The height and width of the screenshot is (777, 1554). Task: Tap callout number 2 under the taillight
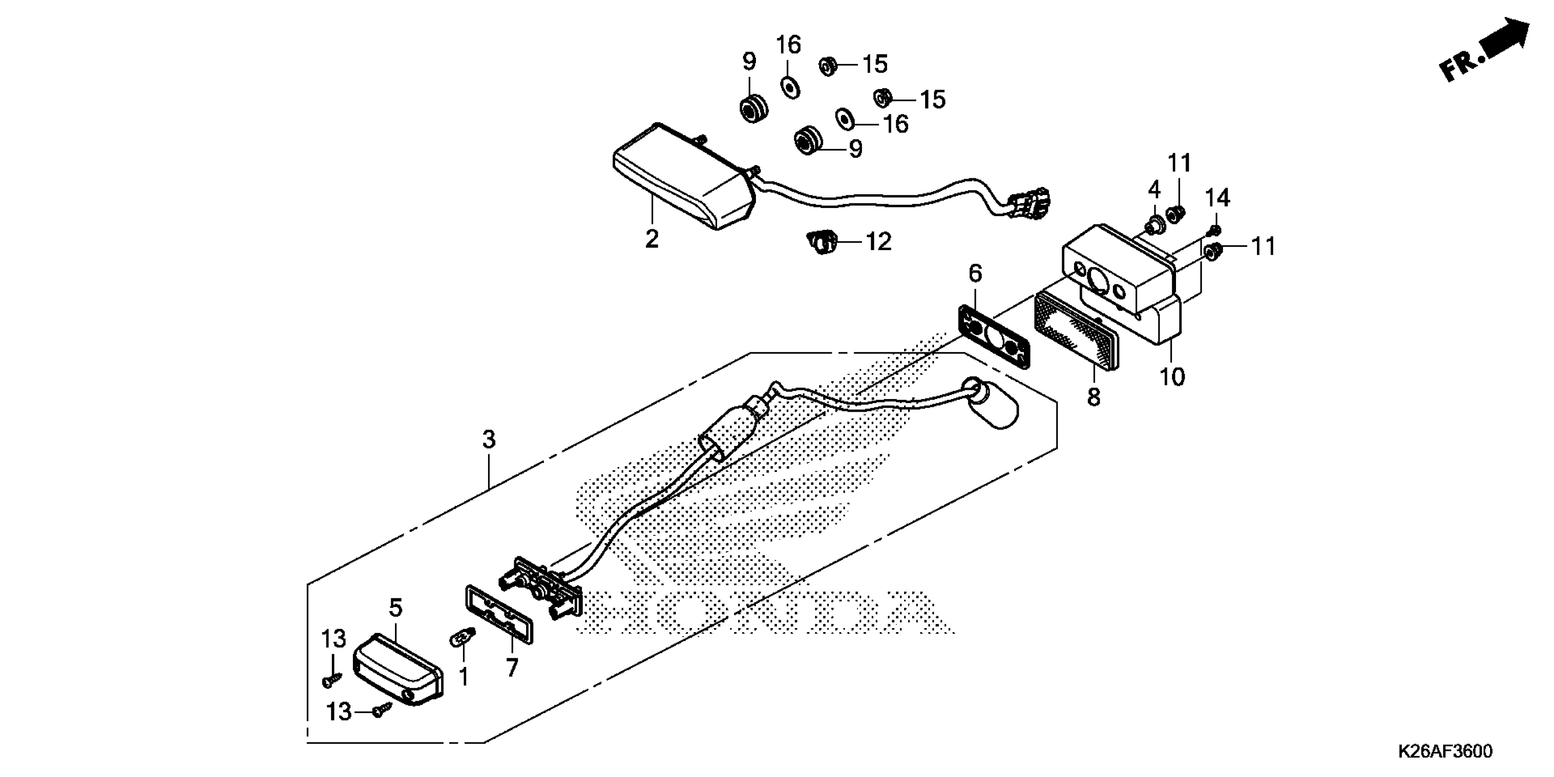[651, 239]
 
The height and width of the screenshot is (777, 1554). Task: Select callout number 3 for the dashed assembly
[489, 439]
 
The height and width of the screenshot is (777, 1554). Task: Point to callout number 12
[878, 242]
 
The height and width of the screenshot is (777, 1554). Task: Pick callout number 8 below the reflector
[1094, 398]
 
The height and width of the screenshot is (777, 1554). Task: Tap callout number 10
[1172, 377]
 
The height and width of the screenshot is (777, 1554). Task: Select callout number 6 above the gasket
[975, 273]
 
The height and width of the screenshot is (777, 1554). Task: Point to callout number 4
[1154, 190]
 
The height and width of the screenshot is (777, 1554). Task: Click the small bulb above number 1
[464, 636]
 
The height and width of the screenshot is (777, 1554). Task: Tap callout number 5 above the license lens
[395, 608]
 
